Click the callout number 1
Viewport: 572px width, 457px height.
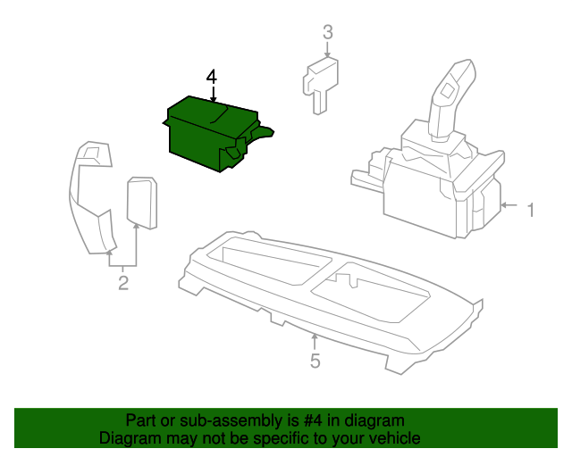click(530, 211)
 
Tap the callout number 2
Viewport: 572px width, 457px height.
click(123, 284)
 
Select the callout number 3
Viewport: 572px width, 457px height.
click(327, 33)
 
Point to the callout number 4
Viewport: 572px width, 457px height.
click(212, 77)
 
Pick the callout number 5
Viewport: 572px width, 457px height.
click(315, 361)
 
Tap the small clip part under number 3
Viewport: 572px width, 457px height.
click(319, 80)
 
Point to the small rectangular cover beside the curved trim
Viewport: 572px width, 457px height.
click(141, 201)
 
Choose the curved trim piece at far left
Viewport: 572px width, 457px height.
click(92, 196)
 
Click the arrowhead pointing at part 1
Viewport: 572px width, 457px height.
click(504, 206)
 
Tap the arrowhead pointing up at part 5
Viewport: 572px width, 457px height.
click(315, 337)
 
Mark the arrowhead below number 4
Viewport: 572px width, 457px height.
click(212, 104)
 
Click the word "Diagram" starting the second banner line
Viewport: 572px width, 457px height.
click(129, 438)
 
